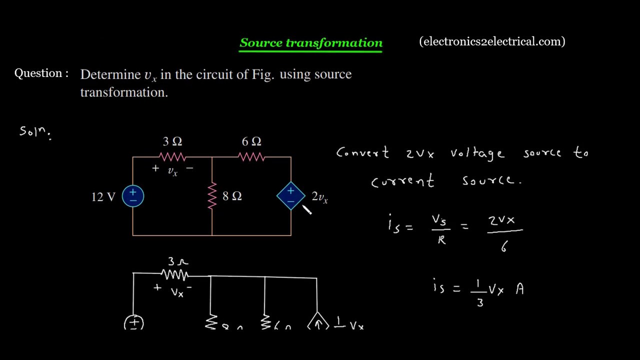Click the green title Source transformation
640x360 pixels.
311,43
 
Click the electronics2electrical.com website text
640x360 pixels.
492,41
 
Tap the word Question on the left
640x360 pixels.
38,73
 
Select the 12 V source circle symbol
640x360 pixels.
133,196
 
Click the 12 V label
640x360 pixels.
103,197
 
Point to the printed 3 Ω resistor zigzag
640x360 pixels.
172,157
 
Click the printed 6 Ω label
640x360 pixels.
251,142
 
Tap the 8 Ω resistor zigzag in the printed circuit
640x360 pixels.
212,195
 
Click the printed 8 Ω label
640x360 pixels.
232,196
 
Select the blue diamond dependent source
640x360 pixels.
291,196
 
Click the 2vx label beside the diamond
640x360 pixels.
319,197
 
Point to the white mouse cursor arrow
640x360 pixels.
306,209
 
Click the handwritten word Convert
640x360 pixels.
362,152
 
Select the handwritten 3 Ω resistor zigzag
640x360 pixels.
174,274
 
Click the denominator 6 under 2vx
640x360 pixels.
504,246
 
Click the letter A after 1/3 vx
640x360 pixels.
519,289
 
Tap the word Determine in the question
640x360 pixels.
110,74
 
